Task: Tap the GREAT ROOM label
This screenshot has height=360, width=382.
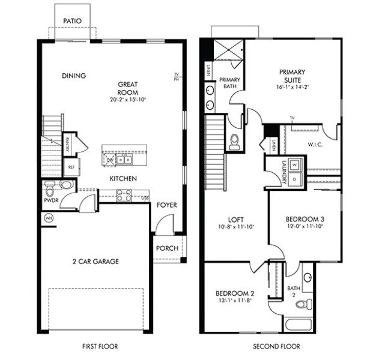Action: pyautogui.click(x=129, y=88)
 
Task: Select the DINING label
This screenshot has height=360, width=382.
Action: pyautogui.click(x=74, y=76)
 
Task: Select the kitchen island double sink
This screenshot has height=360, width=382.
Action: pyautogui.click(x=124, y=160)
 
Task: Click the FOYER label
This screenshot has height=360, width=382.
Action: pyautogui.click(x=167, y=205)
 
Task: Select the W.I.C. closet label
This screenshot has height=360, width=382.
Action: pyautogui.click(x=315, y=144)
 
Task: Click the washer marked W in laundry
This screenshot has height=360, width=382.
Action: pyautogui.click(x=295, y=164)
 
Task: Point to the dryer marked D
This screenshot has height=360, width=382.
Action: pyautogui.click(x=295, y=178)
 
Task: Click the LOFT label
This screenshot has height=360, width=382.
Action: pyautogui.click(x=234, y=220)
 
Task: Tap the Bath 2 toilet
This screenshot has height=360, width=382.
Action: pyautogui.click(x=303, y=304)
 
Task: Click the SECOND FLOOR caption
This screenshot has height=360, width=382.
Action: pyautogui.click(x=276, y=346)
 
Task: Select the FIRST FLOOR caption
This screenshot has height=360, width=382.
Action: pyautogui.click(x=99, y=346)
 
